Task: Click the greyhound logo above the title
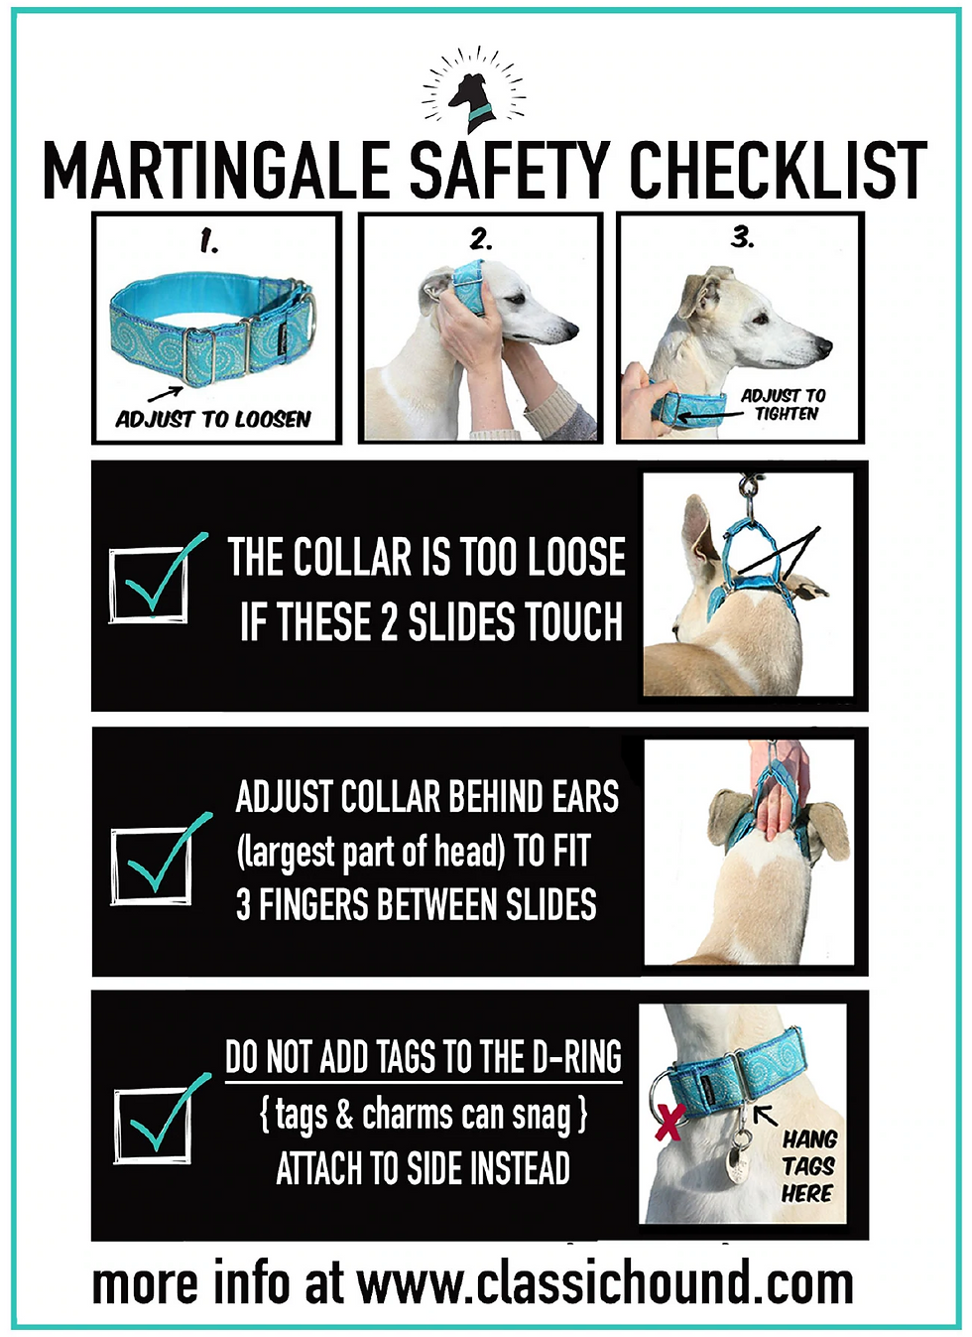(x=473, y=90)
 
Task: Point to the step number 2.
(x=481, y=239)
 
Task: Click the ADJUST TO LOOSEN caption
(x=213, y=419)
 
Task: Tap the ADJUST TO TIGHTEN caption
(x=784, y=404)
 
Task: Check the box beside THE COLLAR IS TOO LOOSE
(x=149, y=585)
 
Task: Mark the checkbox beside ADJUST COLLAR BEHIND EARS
(x=151, y=866)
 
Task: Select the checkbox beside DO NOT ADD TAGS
(x=153, y=1128)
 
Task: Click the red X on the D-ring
(x=669, y=1123)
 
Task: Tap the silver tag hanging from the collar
(x=738, y=1161)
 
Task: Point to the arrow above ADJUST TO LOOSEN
(x=166, y=394)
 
